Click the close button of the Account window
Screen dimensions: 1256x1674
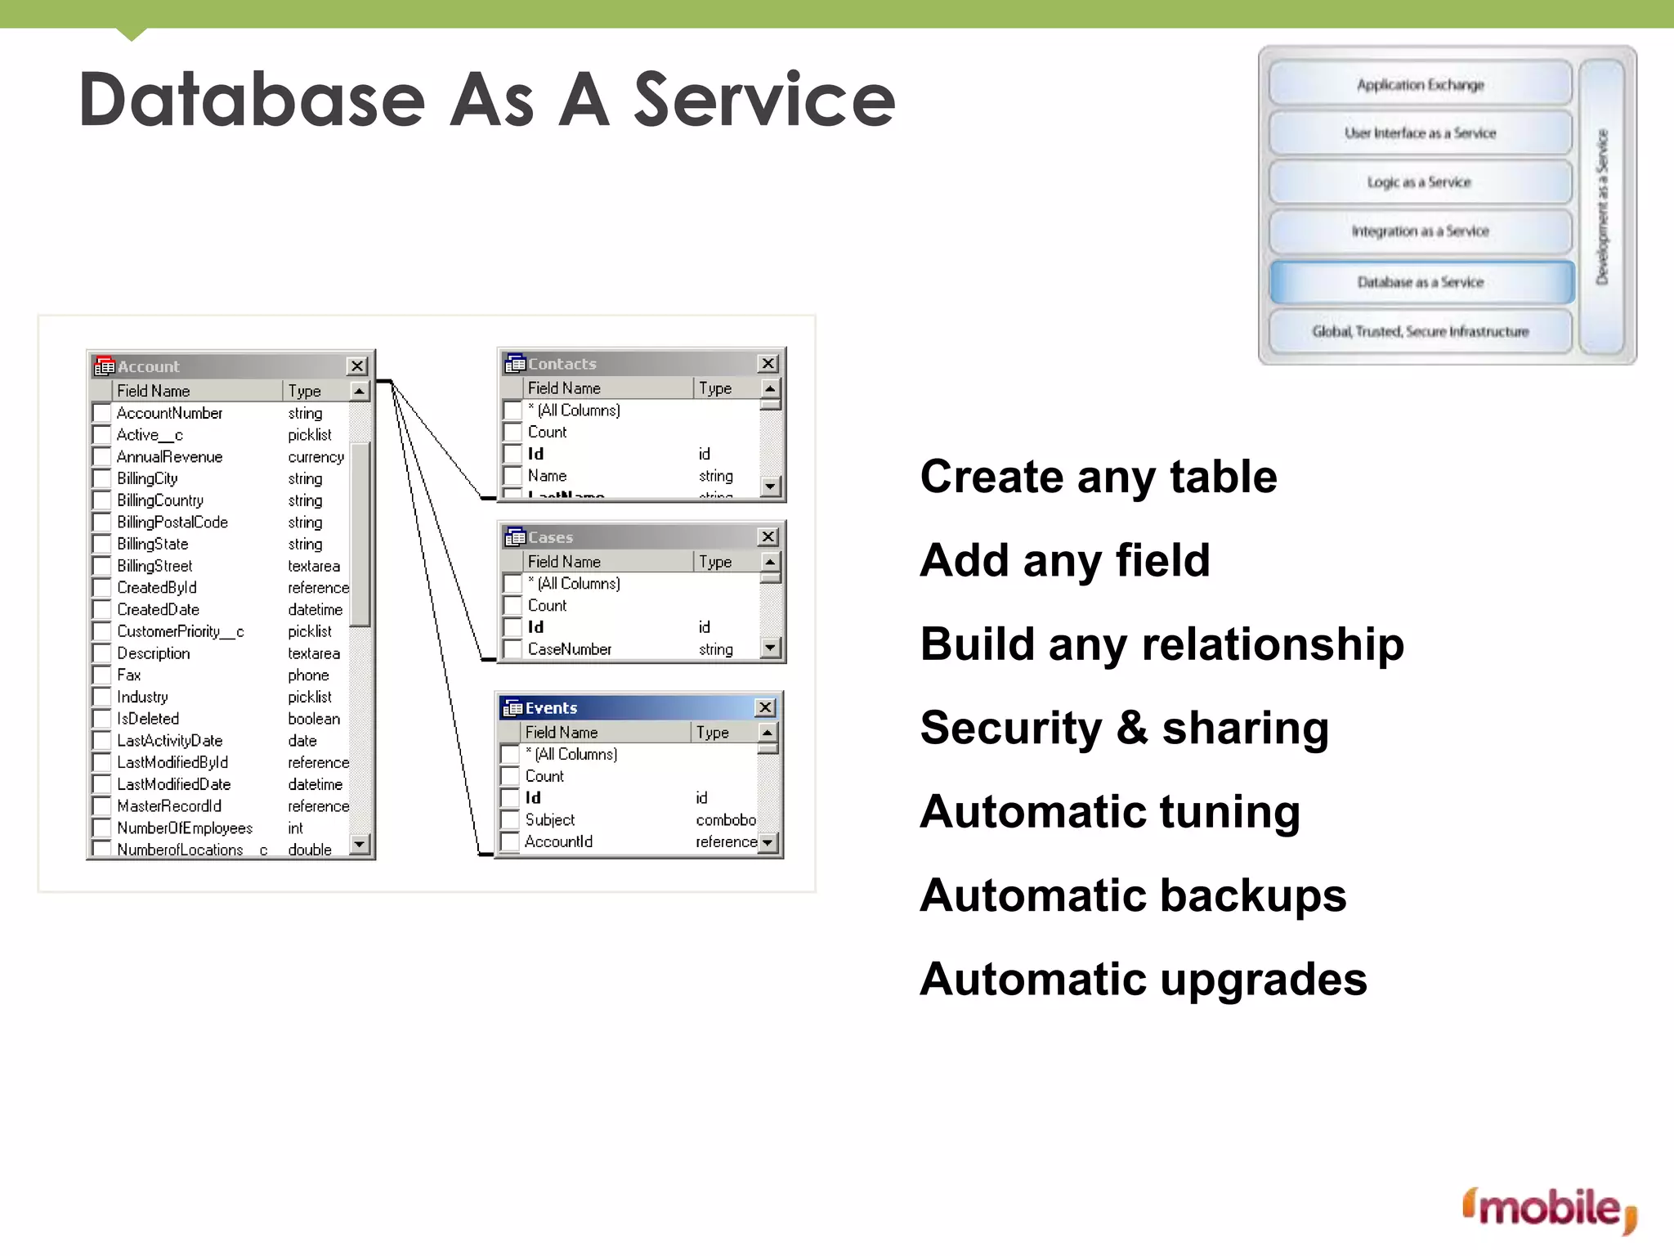coord(357,366)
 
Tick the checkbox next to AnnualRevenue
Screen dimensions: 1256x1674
coord(102,457)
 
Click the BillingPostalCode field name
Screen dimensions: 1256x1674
coord(172,523)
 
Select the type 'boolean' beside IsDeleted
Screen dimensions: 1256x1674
coord(314,719)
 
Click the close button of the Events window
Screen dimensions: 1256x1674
coord(765,707)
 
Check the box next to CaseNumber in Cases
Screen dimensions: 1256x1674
coord(512,649)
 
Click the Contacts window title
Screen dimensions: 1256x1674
coord(562,364)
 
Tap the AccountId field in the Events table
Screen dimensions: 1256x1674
coord(558,841)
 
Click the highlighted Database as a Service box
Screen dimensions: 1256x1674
coord(1421,282)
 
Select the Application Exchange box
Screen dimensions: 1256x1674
coord(1421,85)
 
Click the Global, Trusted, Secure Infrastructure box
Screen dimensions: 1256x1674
coord(1421,331)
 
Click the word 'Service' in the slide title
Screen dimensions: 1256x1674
coord(764,100)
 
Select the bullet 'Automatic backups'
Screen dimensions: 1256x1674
coord(1133,895)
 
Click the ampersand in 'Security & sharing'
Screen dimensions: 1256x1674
coord(1132,727)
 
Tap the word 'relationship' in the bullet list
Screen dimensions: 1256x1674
coord(1273,644)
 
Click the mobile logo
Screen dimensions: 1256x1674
coord(1549,1209)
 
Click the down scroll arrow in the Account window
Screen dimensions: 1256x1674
coord(359,843)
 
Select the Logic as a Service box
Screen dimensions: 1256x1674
coord(1421,182)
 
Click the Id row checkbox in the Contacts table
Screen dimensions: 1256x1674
coord(512,454)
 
